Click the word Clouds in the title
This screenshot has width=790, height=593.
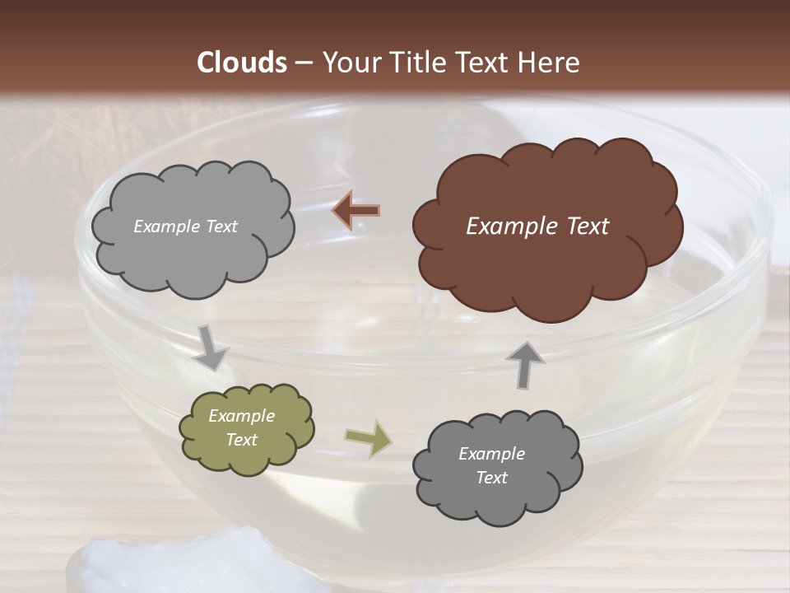242,63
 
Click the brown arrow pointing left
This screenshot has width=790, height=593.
355,211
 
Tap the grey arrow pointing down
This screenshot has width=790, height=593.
211,347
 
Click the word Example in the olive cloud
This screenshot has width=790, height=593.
242,416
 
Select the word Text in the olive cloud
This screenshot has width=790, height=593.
242,440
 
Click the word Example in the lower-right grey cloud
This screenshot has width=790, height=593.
491,454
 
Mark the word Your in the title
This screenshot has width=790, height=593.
348,63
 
